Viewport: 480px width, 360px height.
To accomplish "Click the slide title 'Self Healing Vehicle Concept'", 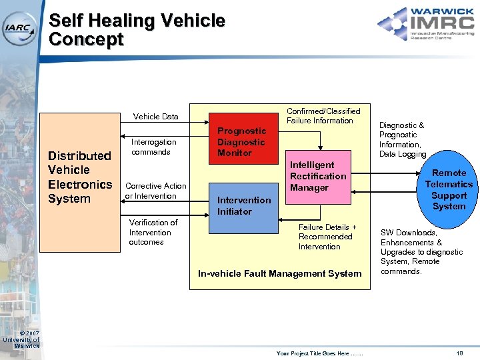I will pyautogui.click(x=137, y=30).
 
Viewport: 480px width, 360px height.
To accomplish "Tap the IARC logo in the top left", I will pyautogui.click(x=21, y=27).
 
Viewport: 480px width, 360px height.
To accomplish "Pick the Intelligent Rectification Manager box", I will pyautogui.click(x=317, y=177).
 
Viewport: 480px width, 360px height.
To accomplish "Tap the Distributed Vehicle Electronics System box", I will pyautogui.click(x=79, y=177).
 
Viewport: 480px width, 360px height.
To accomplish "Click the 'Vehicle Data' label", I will pyautogui.click(x=155, y=117).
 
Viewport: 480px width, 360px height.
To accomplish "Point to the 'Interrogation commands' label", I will pyautogui.click(x=153, y=147).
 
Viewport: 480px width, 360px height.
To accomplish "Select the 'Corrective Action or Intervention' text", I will pyautogui.click(x=155, y=191).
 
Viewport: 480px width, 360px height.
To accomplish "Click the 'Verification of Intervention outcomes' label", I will pyautogui.click(x=153, y=232).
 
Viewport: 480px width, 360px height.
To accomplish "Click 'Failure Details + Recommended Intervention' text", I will pyautogui.click(x=327, y=237).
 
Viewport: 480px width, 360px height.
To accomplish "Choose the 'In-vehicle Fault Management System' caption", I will pyautogui.click(x=279, y=273).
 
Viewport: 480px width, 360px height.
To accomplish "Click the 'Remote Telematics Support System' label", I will pyautogui.click(x=449, y=189).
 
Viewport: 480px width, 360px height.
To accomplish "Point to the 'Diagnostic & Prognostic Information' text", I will pyautogui.click(x=402, y=139).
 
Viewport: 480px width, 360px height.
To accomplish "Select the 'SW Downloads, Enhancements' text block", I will pyautogui.click(x=421, y=252).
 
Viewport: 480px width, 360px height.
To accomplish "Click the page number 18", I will pyautogui.click(x=459, y=353).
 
